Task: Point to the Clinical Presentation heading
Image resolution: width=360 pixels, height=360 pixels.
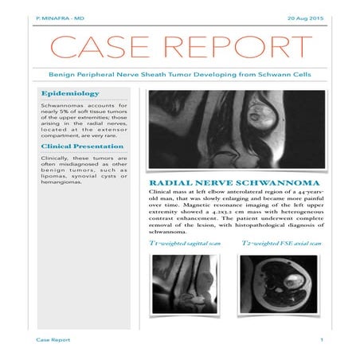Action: (83, 147)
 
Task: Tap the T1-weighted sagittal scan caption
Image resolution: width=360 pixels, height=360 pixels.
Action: (186, 242)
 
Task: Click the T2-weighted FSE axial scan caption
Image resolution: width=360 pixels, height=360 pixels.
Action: (281, 242)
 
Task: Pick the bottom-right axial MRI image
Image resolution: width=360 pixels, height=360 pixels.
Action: (279, 284)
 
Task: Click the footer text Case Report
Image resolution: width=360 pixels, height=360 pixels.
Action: (53, 340)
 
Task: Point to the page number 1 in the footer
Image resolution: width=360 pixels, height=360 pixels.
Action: (321, 340)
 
